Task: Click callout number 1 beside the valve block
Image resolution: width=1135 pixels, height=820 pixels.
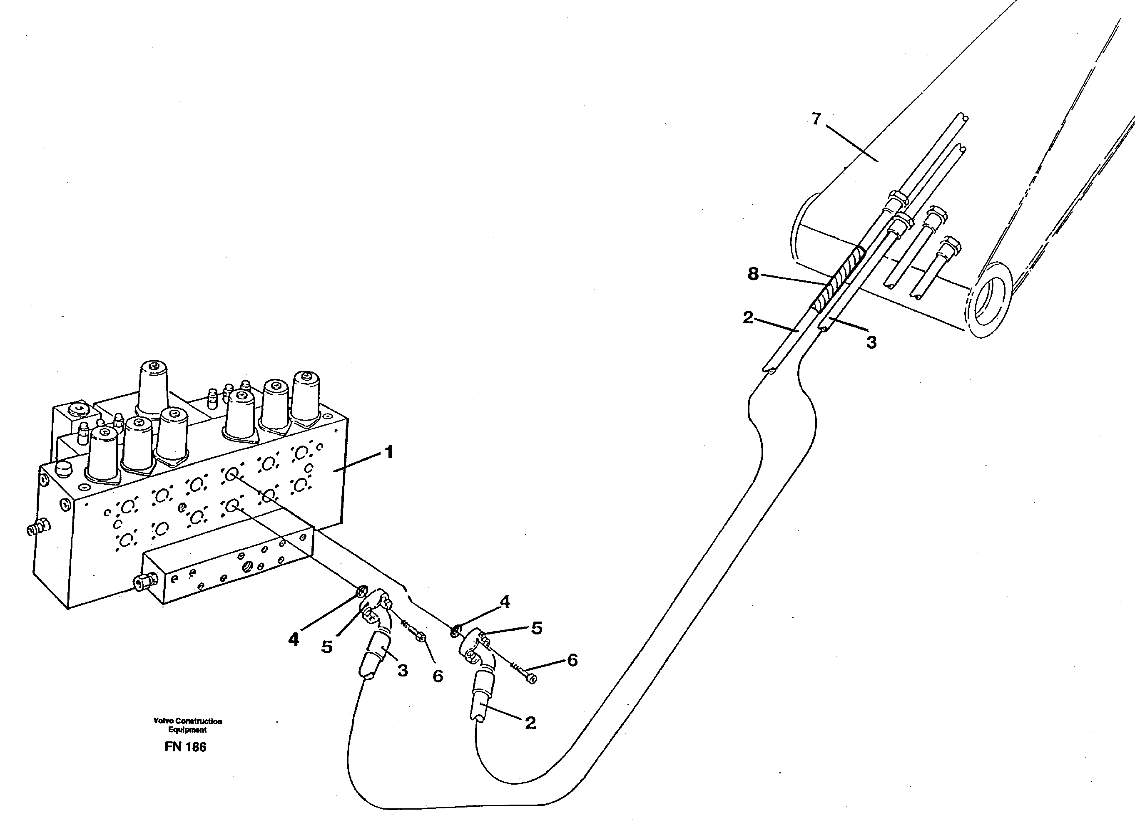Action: click(388, 453)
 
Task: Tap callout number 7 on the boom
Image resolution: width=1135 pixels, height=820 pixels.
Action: click(816, 119)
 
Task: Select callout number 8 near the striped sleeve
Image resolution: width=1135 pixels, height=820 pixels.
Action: click(753, 274)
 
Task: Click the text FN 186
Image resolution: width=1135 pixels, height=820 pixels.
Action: click(185, 747)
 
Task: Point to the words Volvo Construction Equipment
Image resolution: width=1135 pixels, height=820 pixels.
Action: click(188, 726)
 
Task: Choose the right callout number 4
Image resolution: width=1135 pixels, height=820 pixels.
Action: click(505, 602)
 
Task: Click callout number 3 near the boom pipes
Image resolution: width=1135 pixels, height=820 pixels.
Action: click(871, 342)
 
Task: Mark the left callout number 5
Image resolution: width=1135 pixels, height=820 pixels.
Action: click(327, 647)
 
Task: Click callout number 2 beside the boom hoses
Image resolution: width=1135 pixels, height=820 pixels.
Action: click(748, 317)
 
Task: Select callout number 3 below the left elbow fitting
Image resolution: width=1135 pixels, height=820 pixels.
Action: click(403, 671)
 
